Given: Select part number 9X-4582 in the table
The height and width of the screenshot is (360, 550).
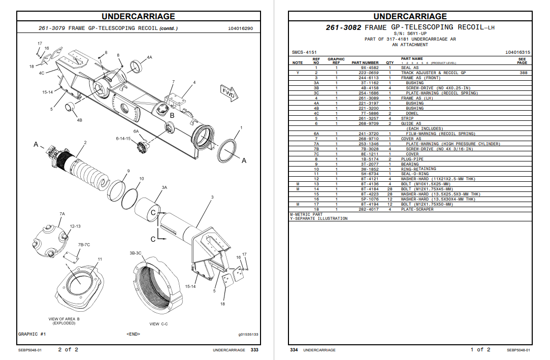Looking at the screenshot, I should click(370, 68).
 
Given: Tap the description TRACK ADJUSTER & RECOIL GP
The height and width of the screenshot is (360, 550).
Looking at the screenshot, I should click(433, 73).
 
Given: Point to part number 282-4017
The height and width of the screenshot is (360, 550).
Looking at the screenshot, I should click(370, 209).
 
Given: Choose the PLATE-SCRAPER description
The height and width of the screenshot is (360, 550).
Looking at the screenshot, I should click(417, 209).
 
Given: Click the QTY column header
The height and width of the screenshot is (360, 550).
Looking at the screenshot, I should click(390, 63).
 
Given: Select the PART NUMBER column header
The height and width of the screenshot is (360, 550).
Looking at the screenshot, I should click(365, 63).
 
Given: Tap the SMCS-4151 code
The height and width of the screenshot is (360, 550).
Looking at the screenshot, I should click(304, 52).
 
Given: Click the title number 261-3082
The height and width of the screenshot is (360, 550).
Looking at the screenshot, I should click(343, 27).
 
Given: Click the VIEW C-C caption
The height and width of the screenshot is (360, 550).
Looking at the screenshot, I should click(161, 324).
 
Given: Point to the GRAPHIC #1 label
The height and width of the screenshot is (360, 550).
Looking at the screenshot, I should click(32, 334).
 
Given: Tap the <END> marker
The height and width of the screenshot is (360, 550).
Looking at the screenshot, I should click(133, 334).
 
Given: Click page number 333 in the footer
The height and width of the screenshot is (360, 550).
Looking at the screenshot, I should click(254, 350).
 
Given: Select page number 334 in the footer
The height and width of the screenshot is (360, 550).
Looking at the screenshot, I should click(294, 350).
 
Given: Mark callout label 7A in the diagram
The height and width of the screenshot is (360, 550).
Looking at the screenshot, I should click(62, 214).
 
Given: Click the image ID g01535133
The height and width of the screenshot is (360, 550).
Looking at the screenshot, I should click(248, 334).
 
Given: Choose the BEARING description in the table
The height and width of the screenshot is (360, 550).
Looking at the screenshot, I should click(410, 164).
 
